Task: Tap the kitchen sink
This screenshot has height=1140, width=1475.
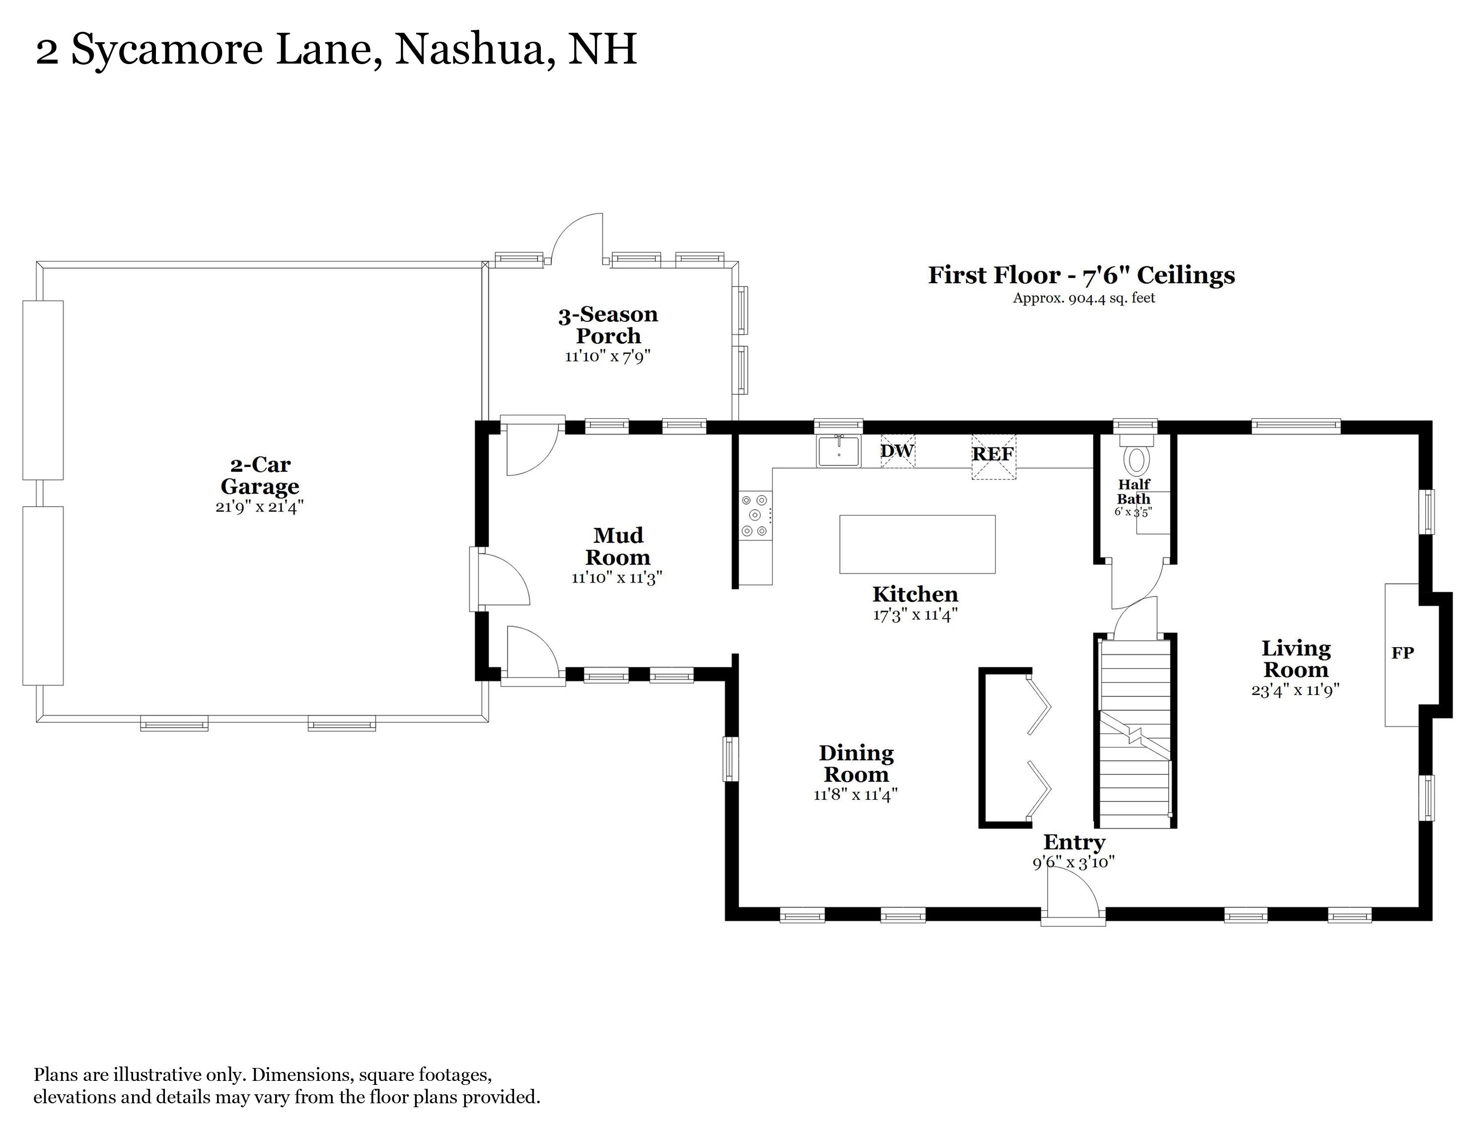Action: [839, 451]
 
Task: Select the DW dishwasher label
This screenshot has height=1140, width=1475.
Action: [897, 451]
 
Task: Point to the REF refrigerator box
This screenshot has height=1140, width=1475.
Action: [993, 456]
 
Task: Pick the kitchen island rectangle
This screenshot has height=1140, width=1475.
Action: [917, 544]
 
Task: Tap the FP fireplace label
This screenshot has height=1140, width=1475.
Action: [1402, 653]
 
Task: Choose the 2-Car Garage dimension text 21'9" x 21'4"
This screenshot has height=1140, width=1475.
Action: [260, 507]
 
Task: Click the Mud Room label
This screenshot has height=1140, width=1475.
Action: [618, 546]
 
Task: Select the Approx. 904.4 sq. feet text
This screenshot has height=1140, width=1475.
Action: [1084, 298]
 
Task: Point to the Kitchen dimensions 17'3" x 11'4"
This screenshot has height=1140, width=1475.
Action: [915, 615]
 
